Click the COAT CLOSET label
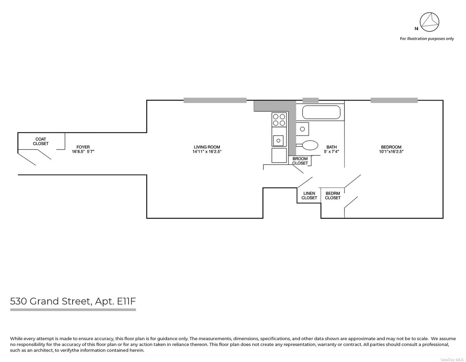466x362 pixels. pos(41,141)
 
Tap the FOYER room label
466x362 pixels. pos(83,147)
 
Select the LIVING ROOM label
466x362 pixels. pos(207,147)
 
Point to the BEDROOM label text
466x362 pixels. pos(391,147)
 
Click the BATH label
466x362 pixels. pos(332,147)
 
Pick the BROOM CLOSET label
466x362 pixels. pos(300,161)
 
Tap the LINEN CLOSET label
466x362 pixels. pos(309,196)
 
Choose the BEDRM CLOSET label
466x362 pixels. pos(333,196)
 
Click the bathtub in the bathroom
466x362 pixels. pos(321,112)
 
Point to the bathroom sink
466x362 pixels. pos(303,129)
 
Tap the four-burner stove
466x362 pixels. pos(279,120)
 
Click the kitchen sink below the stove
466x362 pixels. pos(278,141)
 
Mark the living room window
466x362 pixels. pos(215,100)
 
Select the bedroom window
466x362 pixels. pos(394,100)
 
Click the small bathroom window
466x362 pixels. pos(311,100)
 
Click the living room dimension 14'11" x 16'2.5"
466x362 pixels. pos(207,151)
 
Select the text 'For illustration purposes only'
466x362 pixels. pos(427,38)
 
